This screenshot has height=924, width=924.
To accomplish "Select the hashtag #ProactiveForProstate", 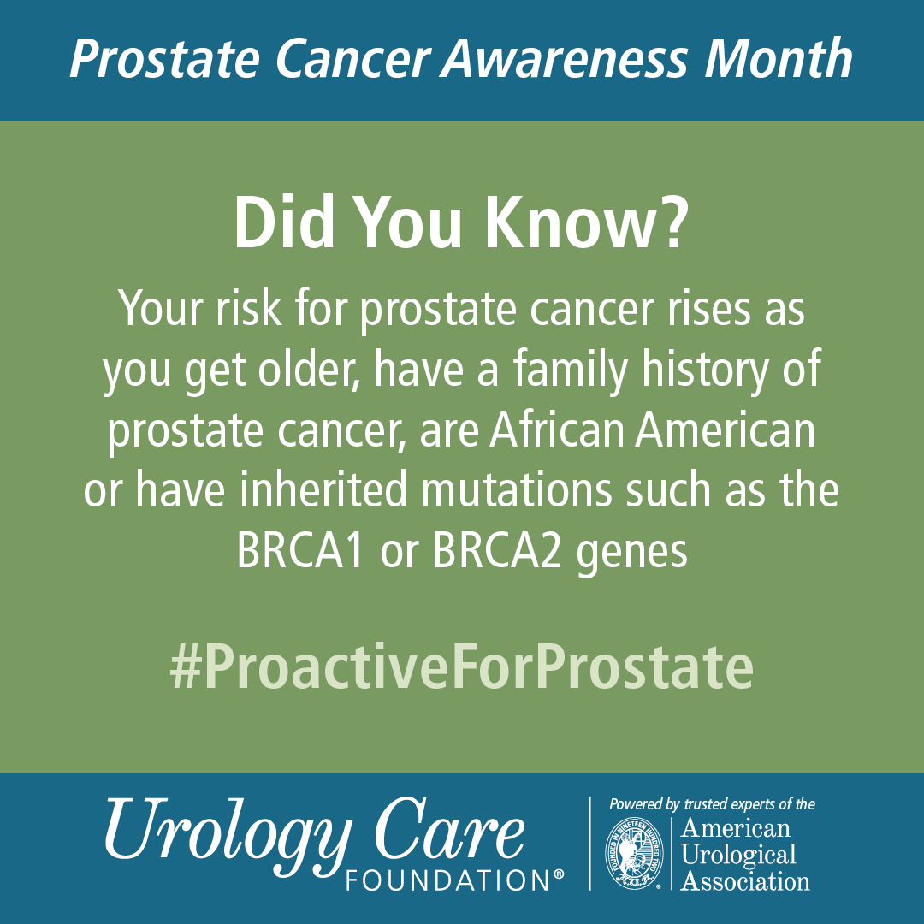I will (x=462, y=669).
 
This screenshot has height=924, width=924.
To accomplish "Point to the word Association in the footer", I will (x=745, y=880).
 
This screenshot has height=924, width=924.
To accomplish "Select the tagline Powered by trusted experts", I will (x=711, y=804).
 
